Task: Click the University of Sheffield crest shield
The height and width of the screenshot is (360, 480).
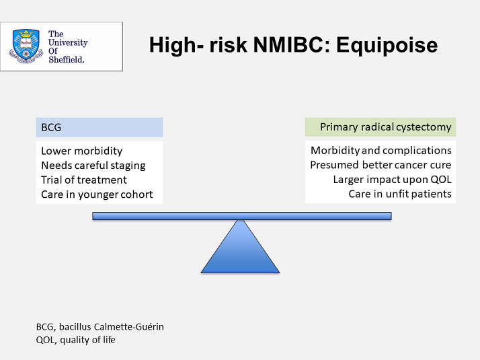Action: coord(26,46)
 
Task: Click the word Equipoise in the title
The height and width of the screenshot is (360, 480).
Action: coord(387,45)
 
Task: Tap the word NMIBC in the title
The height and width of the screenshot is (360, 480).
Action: coord(291,44)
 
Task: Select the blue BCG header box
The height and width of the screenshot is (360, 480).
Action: coord(99,127)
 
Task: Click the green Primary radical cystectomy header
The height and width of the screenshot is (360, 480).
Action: coord(381,127)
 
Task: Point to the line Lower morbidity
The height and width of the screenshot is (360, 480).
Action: coord(82,151)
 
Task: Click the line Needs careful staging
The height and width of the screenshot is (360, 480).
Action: coord(93,166)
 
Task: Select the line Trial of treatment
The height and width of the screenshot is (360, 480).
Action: coord(84,180)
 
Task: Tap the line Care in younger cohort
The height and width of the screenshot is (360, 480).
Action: coord(97,194)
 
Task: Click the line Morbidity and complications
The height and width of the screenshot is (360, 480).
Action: coord(381,151)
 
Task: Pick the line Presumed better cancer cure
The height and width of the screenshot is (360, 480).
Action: coord(381,165)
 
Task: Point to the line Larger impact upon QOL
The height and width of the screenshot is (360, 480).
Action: coord(393,180)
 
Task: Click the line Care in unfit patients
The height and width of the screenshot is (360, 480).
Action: coord(400,194)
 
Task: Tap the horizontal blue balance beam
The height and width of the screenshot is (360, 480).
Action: coord(242,216)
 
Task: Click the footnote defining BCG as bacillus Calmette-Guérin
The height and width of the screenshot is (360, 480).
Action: coord(99,327)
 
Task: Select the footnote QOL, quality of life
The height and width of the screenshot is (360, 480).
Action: coord(75,340)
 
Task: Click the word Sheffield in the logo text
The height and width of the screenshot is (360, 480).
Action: coord(67,59)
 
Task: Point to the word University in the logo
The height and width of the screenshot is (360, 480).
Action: coord(68,42)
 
